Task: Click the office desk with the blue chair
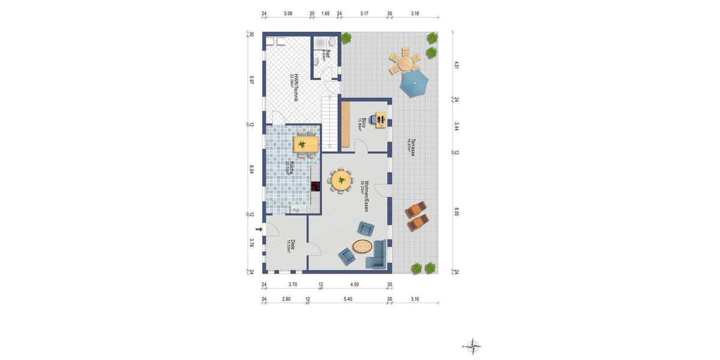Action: click(379, 120)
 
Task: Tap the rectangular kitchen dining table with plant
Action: click(305, 145)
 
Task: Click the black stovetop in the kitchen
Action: click(316, 185)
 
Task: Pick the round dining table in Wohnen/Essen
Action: click(342, 180)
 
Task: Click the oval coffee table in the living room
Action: click(362, 245)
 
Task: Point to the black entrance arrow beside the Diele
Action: click(259, 229)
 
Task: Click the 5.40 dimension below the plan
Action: click(347, 299)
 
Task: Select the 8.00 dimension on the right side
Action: click(457, 212)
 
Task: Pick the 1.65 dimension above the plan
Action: click(325, 13)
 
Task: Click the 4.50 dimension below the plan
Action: click(355, 285)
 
